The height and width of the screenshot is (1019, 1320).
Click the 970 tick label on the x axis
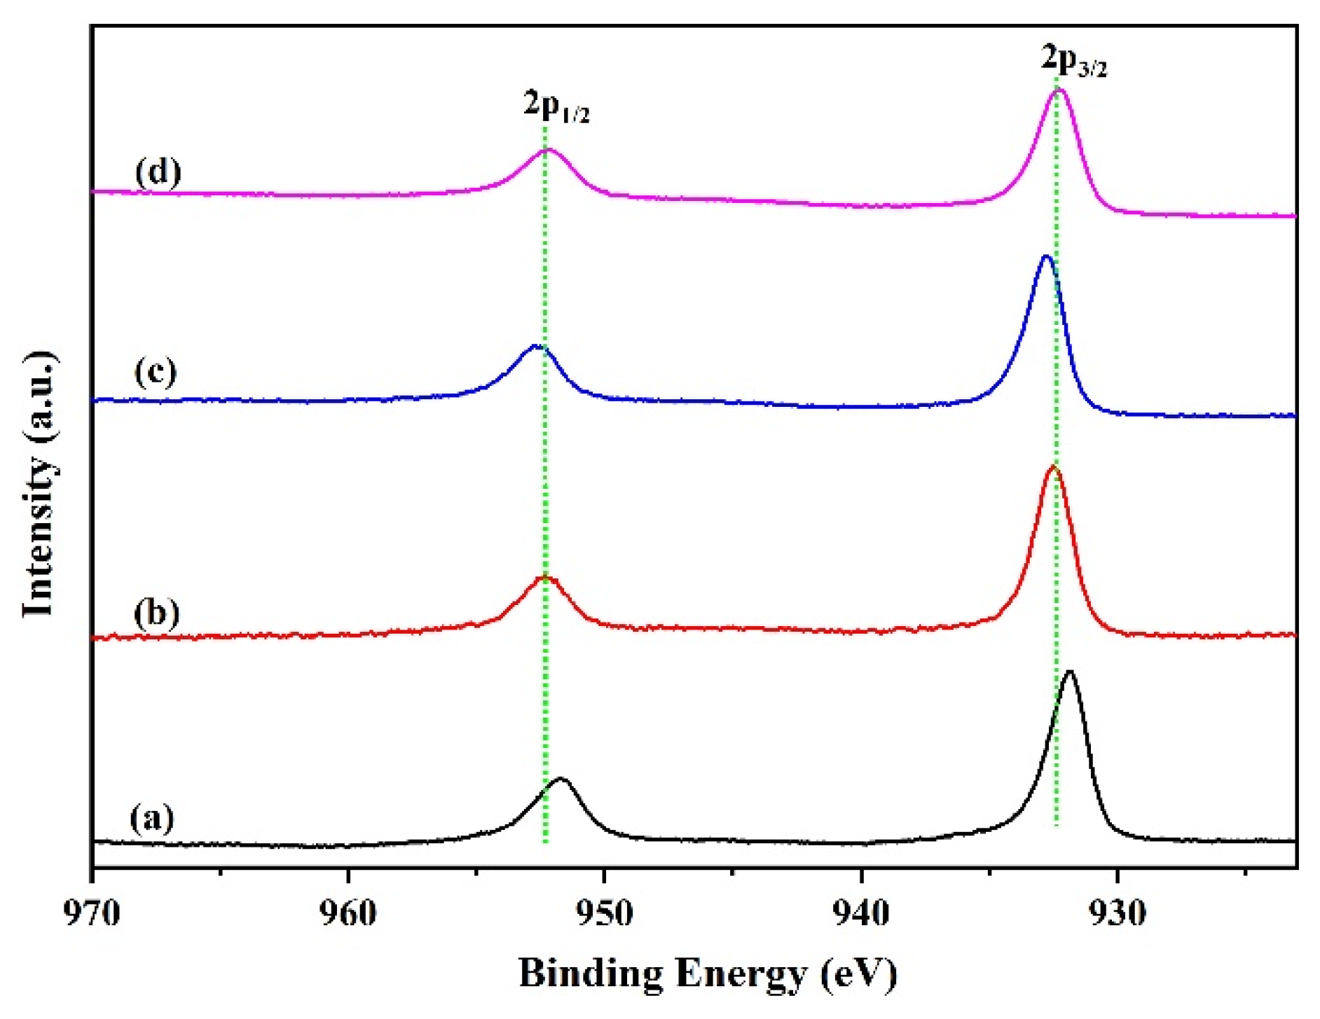pos(92,913)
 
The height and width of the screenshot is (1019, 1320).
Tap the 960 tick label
pos(349,913)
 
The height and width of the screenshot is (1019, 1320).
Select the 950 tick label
pos(605,913)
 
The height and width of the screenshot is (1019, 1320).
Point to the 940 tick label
pos(862,913)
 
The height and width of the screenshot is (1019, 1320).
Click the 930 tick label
pos(1118,913)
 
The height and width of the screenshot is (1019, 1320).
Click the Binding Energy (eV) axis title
pos(708,974)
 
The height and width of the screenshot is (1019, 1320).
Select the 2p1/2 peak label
pos(556,107)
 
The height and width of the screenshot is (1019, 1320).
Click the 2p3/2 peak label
pos(1073,60)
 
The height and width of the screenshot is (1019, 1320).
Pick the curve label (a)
pos(152,818)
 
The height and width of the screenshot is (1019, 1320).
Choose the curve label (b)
pos(156,613)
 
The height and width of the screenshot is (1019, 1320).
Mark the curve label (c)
pos(156,371)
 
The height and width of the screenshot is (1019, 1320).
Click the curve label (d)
pos(158,172)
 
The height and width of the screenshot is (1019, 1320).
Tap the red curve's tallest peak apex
pos(1053,466)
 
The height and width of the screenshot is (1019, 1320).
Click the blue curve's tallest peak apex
pos(1047,256)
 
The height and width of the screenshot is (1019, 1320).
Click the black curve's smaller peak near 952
pos(561,778)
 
